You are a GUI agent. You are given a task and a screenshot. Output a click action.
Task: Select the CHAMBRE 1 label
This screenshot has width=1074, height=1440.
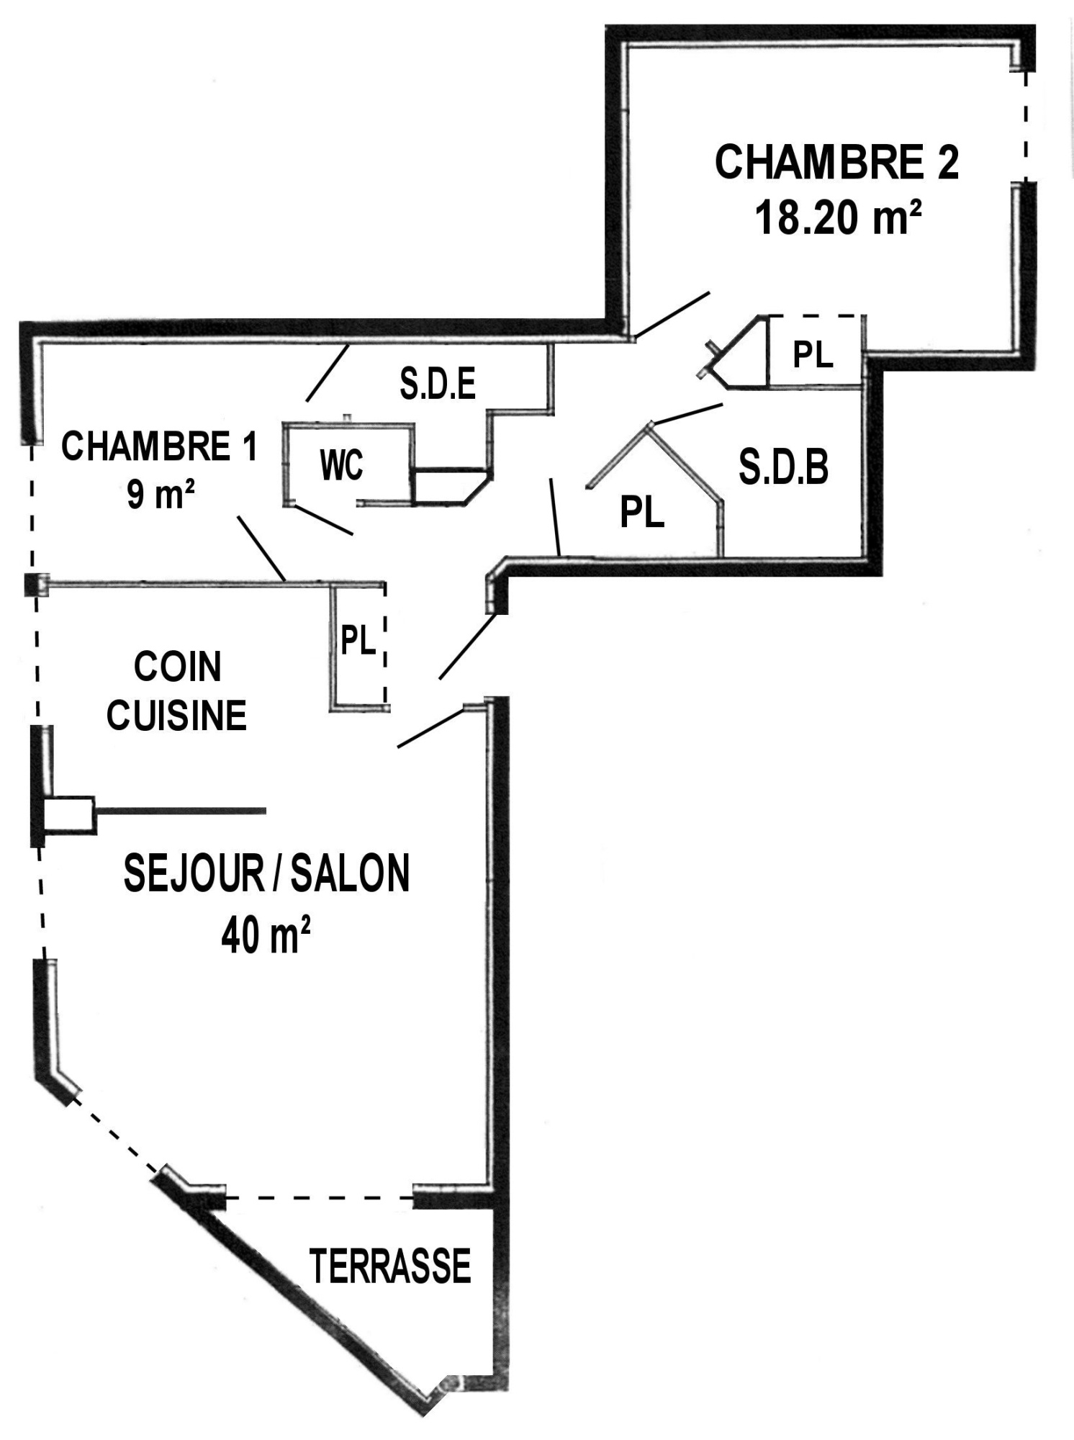159,446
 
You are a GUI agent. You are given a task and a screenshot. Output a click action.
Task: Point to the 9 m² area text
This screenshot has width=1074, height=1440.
160,495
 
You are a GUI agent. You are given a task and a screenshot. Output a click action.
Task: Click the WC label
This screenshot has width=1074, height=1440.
342,466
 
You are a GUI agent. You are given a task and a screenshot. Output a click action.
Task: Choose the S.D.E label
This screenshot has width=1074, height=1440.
438,384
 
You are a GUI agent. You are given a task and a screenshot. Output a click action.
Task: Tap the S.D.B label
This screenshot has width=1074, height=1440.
783,467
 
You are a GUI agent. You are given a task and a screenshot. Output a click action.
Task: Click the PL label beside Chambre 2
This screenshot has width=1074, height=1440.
813,354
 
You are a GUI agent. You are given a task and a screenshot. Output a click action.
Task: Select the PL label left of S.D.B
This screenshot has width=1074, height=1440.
642,513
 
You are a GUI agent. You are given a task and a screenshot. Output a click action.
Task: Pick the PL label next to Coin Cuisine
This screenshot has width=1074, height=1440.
358,639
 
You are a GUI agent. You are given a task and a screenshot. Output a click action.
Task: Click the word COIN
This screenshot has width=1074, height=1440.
177,667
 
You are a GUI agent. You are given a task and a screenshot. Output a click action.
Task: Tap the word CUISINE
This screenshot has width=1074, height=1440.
177,716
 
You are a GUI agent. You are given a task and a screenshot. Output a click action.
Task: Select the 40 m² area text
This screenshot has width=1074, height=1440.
266,935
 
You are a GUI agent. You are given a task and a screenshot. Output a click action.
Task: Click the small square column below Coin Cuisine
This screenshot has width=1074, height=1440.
70,815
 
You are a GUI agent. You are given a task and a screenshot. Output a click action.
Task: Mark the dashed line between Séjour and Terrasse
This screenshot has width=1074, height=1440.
320,1198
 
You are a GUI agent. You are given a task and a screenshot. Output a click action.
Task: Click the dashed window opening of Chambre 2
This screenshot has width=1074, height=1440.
1026,127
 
